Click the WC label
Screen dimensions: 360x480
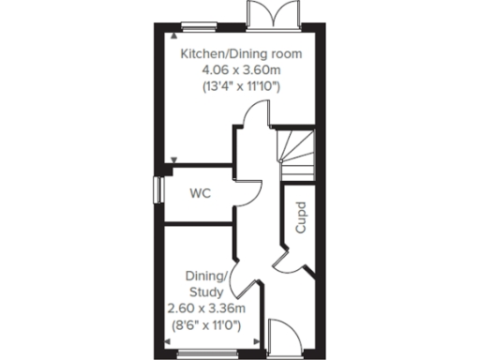point(200,194)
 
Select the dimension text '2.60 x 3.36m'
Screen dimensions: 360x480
point(205,308)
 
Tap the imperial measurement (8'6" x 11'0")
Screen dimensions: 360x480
point(205,325)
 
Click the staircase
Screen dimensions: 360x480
point(297,155)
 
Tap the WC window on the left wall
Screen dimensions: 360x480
point(157,187)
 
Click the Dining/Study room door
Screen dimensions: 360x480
point(246,272)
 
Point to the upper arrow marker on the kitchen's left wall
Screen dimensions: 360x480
point(175,35)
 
